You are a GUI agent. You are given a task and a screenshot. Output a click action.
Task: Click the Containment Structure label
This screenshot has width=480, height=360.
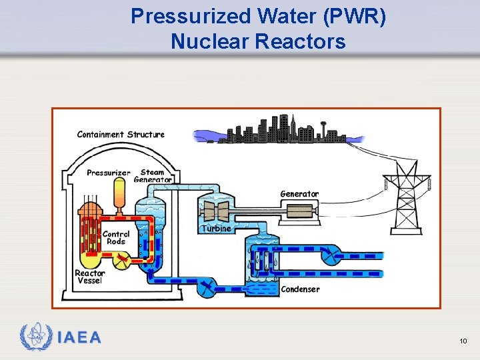pos(121,135)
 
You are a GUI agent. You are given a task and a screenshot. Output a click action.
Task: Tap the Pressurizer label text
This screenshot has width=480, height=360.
pos(109,173)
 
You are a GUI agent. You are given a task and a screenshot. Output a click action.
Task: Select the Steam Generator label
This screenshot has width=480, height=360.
pos(153,175)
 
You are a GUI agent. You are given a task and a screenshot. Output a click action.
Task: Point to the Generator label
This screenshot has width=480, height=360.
pos(299,194)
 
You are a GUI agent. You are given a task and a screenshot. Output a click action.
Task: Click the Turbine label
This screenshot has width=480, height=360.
pos(216,229)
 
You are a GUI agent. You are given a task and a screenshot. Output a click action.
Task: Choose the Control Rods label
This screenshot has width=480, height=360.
pos(115,238)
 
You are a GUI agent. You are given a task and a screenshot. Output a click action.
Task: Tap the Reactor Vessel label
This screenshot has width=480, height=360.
pos(89,277)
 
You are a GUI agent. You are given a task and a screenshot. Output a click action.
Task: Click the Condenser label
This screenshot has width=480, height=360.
pos(300,289)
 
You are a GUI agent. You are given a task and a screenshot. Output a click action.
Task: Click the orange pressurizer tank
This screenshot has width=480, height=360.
pos(119,191)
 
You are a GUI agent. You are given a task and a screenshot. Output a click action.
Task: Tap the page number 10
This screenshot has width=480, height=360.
pos(463,341)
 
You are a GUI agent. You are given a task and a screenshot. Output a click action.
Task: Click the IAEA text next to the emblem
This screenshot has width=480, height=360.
pos(80,337)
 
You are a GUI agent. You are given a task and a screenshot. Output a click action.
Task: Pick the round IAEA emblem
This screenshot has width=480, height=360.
pos(35,337)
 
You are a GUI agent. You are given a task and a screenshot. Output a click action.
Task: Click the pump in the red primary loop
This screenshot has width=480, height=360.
pos(121,260)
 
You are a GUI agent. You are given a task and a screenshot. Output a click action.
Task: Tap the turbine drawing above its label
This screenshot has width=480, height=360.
pos(217,210)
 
